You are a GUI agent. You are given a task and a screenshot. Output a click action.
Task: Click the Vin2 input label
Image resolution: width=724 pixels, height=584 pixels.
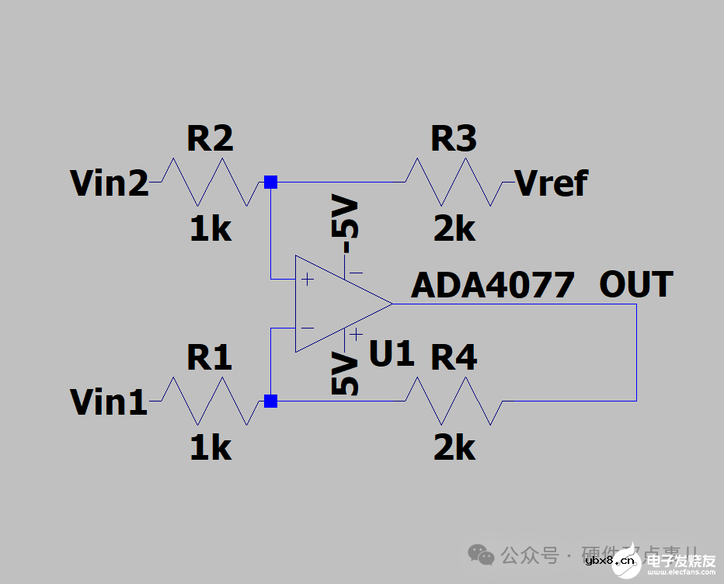[110, 183]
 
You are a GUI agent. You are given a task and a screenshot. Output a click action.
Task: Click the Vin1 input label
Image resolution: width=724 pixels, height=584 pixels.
[110, 402]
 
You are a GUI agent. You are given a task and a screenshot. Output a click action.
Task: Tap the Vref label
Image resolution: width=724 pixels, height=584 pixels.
[552, 183]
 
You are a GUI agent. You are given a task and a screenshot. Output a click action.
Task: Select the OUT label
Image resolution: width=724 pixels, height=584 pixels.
[635, 285]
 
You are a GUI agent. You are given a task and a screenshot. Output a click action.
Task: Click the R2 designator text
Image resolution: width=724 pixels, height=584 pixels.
[210, 139]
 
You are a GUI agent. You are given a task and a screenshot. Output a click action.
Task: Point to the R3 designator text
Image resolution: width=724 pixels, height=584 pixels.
[454, 139]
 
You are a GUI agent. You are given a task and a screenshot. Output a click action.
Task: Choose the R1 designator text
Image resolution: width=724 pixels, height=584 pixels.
[210, 358]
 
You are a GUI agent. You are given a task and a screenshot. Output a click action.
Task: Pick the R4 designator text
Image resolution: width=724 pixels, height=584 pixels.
[454, 358]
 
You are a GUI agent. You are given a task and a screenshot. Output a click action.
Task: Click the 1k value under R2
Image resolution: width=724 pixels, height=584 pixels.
[211, 229]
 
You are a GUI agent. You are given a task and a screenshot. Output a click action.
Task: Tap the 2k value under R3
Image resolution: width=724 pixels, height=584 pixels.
[454, 229]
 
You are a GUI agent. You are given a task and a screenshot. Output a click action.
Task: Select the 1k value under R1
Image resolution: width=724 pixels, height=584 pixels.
[211, 448]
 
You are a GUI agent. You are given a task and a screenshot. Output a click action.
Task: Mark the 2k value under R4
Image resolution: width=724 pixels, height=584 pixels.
[454, 448]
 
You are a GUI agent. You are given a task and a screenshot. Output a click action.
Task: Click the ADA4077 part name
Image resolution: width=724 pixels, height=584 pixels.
[493, 285]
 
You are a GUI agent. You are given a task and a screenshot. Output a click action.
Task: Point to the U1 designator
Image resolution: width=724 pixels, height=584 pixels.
[392, 354]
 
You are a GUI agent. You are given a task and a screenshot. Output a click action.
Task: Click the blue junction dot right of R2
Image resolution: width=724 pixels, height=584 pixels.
[270, 182]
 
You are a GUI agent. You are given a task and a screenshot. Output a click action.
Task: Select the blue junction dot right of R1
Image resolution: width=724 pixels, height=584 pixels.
[270, 401]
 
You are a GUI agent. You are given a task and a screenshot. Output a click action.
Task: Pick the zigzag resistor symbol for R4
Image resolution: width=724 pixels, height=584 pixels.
[454, 401]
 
